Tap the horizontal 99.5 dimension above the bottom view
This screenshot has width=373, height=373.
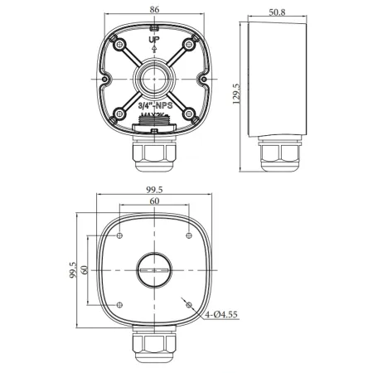point(154,190)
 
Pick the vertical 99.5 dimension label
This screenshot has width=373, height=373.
point(73,271)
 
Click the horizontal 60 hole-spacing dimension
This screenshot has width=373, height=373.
point(154,201)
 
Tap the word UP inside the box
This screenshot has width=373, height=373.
point(154,40)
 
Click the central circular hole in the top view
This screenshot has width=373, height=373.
point(154,80)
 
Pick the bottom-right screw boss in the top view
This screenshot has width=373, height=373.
point(189,114)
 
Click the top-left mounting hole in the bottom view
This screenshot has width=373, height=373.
point(120,236)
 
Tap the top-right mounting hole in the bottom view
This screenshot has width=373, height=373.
point(189,236)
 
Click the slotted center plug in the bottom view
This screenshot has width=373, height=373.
point(154,270)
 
